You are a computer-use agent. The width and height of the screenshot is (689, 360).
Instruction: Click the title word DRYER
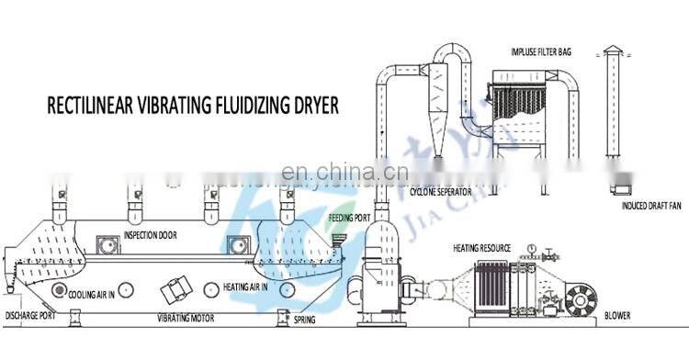coord(310,105)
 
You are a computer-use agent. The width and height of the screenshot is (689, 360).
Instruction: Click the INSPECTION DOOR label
coord(150,235)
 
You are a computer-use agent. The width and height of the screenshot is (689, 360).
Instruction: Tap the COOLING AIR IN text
coord(102,296)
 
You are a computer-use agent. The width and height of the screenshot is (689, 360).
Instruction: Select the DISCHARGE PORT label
coord(32,316)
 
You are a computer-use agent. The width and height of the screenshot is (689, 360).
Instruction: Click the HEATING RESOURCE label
coord(480,249)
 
